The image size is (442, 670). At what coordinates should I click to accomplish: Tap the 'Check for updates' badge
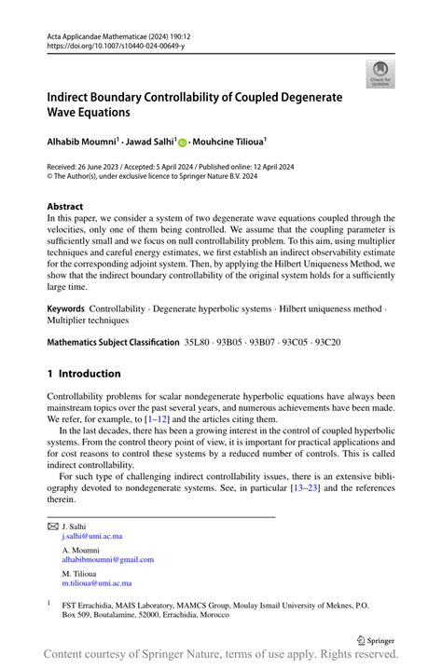pyautogui.click(x=380, y=73)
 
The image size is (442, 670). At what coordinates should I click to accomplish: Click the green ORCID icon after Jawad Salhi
pyautogui.click(x=183, y=142)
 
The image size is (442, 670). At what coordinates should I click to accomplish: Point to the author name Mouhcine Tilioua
pyautogui.click(x=228, y=142)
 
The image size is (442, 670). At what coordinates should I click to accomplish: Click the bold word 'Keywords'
pyautogui.click(x=68, y=308)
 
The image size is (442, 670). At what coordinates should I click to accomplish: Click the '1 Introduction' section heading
pyautogui.click(x=84, y=374)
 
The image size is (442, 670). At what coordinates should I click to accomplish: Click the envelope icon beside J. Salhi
pyautogui.click(x=52, y=526)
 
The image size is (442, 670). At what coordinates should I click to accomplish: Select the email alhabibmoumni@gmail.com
pyautogui.click(x=108, y=559)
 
